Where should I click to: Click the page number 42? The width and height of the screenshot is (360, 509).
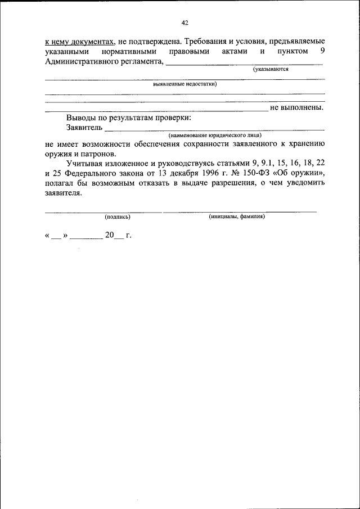click(x=184, y=22)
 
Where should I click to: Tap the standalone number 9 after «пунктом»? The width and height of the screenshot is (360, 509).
click(x=322, y=51)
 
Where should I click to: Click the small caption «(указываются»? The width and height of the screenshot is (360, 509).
click(x=271, y=70)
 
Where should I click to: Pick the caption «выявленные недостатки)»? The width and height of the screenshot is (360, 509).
click(x=185, y=83)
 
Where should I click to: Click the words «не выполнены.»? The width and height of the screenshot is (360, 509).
click(x=297, y=107)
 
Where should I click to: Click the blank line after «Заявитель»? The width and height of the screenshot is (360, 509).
click(x=214, y=130)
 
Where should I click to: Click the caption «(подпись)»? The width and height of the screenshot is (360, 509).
click(x=118, y=216)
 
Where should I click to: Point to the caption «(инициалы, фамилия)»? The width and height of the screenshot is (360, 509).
click(x=237, y=216)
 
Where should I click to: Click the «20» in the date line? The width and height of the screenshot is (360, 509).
click(x=109, y=236)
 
